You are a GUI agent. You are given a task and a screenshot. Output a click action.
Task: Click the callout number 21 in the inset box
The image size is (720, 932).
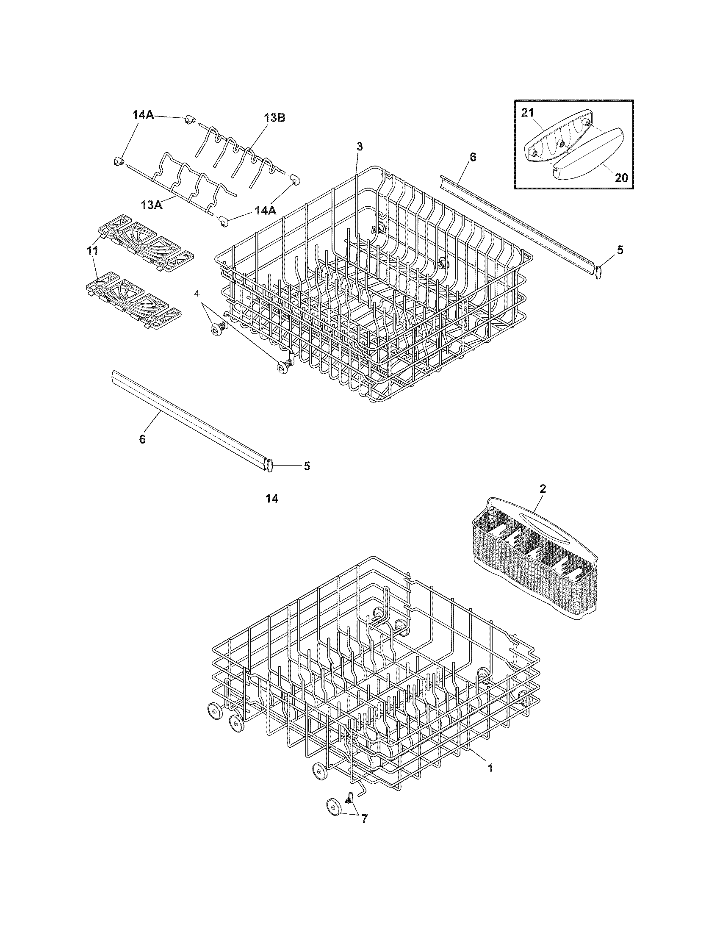click(528, 113)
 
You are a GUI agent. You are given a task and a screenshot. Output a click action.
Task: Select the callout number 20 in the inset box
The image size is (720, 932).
click(621, 177)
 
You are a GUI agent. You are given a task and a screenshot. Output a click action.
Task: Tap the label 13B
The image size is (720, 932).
click(274, 118)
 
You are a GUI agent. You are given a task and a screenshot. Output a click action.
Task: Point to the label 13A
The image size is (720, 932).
click(152, 205)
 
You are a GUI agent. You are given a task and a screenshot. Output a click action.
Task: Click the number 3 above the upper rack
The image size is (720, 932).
click(360, 147)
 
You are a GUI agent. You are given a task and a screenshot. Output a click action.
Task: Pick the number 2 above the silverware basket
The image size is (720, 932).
click(543, 489)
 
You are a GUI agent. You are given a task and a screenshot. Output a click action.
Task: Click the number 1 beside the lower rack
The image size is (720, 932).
click(490, 768)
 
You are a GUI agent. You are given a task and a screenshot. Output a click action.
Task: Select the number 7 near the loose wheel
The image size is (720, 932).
click(364, 819)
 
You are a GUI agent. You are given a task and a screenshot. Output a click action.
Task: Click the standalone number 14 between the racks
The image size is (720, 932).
click(271, 498)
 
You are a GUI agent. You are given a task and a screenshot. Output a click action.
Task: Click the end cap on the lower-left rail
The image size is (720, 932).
click(269, 465)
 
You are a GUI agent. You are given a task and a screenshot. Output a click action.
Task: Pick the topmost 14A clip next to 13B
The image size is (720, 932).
click(189, 121)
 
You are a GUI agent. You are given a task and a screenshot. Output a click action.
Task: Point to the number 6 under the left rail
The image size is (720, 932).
click(142, 439)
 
